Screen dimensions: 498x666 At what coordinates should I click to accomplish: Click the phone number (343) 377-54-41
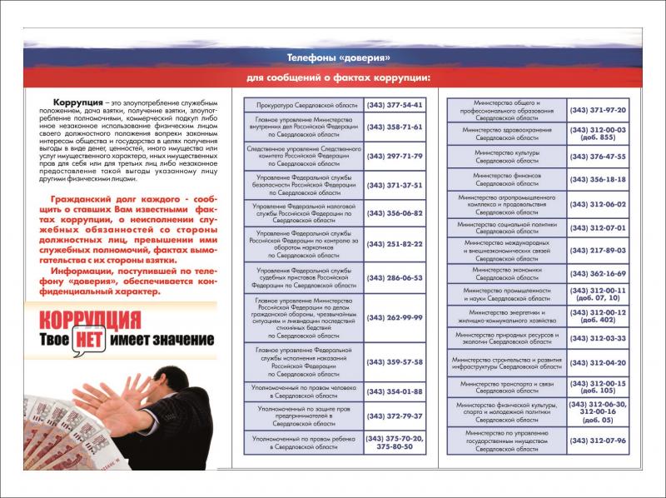click(x=395, y=106)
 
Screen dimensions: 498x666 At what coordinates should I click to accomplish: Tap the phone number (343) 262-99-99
click(x=395, y=317)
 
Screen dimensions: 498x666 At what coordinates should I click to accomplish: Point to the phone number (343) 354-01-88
click(x=395, y=391)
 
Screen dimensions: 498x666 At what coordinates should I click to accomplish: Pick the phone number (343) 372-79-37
click(x=395, y=415)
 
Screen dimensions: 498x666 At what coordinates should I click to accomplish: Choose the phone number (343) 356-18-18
click(x=598, y=179)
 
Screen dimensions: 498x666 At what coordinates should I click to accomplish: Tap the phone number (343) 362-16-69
click(x=598, y=272)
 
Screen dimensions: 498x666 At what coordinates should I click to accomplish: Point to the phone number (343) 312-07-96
click(x=598, y=440)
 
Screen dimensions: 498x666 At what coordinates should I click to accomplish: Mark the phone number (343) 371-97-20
click(x=598, y=110)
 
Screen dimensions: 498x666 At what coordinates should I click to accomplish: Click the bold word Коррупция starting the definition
click(x=65, y=102)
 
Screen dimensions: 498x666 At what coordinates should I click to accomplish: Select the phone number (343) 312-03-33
click(x=598, y=338)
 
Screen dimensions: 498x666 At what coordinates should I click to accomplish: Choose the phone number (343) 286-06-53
click(x=395, y=277)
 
